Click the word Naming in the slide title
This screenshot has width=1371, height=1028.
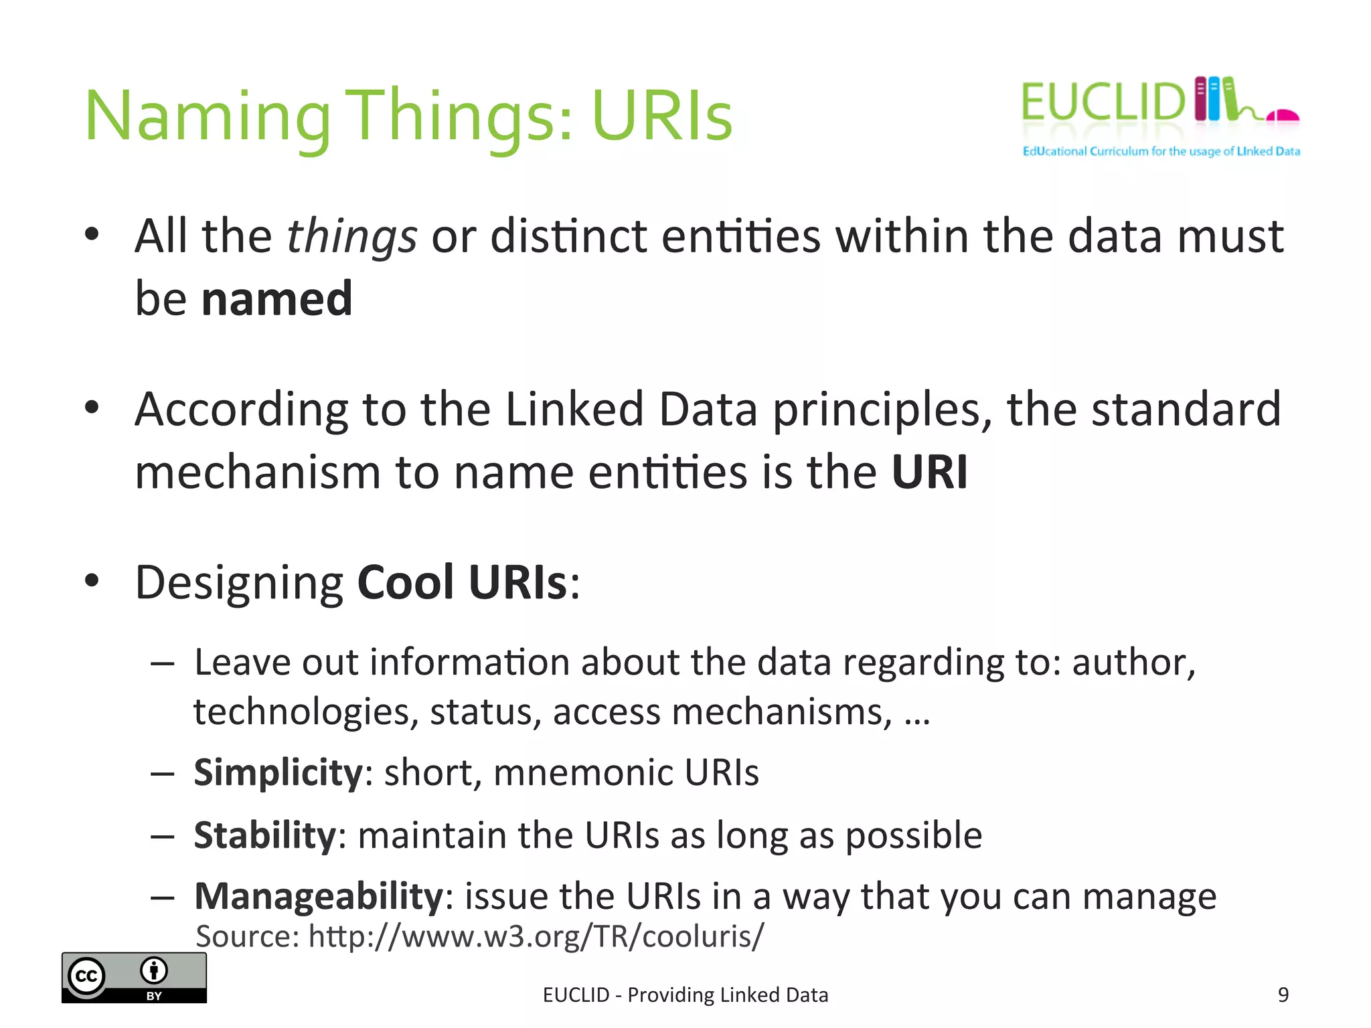tap(208, 117)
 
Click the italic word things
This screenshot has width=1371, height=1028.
tap(351, 237)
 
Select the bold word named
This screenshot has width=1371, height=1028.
tap(276, 298)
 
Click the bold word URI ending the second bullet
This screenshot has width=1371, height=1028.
tap(929, 473)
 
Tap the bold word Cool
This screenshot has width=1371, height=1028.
tap(406, 582)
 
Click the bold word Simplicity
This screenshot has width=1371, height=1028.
tap(278, 772)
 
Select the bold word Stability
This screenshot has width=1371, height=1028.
tap(264, 835)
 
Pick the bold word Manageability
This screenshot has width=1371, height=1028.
tap(319, 896)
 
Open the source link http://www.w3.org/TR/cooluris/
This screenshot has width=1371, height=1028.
tap(536, 936)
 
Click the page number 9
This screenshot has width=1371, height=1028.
tap(1283, 995)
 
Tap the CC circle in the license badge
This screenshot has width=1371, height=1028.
tap(87, 976)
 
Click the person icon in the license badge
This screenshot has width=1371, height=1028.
tap(154, 970)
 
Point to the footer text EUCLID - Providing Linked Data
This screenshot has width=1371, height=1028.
tap(685, 995)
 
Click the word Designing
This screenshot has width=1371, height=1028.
tap(239, 582)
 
